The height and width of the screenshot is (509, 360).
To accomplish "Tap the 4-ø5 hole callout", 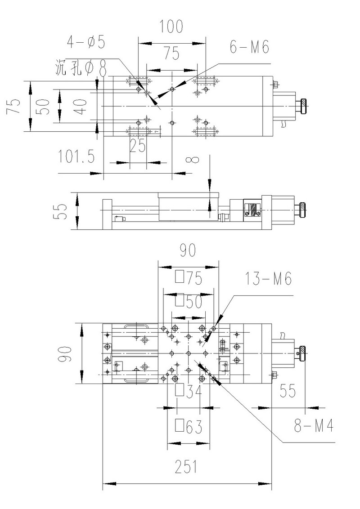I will point(86,42).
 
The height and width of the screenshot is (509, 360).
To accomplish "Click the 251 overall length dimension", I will point(186,468).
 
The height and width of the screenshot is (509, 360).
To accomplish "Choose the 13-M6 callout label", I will point(269,279).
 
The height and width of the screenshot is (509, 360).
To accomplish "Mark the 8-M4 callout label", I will point(313,425).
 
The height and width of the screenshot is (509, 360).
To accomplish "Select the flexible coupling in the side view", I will point(251,208).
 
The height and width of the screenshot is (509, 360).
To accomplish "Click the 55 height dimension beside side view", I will point(62,211).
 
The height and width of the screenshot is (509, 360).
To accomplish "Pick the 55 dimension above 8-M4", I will point(288,391).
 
